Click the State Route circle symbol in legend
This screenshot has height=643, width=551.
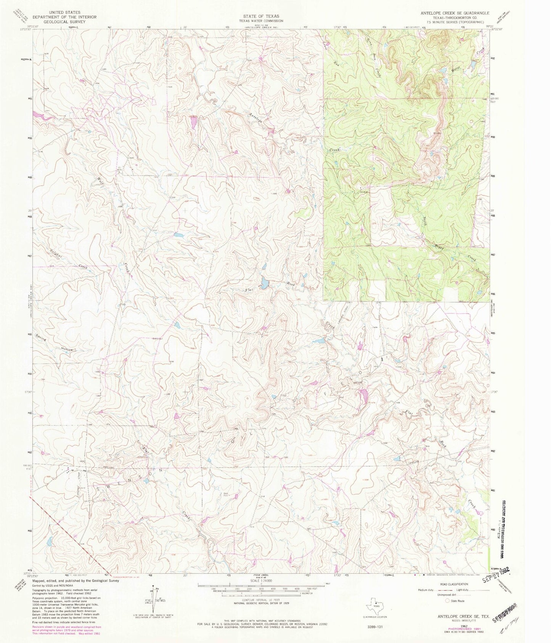[447, 601]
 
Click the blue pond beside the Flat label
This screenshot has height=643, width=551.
[263, 283]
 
